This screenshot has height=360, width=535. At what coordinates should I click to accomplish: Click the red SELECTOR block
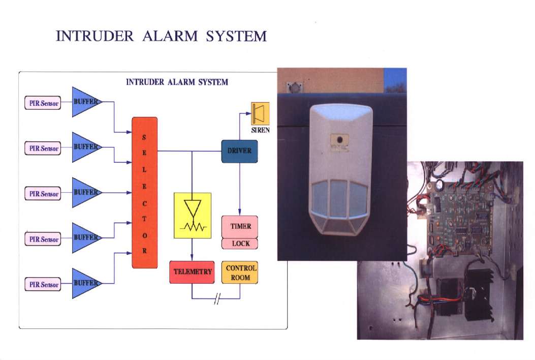coord(144,192)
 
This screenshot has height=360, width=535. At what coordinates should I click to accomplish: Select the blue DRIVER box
coord(239,151)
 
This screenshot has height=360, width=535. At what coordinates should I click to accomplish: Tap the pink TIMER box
coord(240,226)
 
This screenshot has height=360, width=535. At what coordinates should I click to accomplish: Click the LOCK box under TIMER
coord(240,244)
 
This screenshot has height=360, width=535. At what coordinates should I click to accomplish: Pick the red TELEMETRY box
coord(192,272)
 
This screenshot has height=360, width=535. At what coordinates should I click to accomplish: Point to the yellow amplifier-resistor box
coord(192,216)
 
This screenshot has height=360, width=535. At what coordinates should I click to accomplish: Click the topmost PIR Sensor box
coord(43,103)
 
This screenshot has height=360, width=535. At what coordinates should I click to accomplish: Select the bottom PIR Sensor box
coord(43,284)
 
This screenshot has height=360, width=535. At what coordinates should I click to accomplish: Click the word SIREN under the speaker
coord(260,131)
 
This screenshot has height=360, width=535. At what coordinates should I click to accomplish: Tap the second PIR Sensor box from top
coord(43,148)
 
